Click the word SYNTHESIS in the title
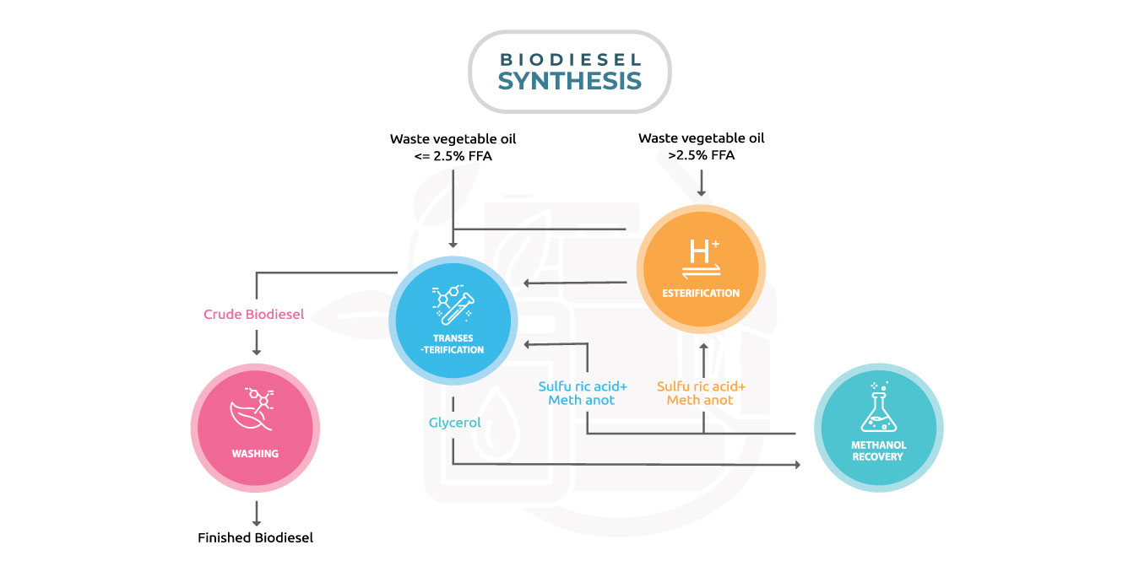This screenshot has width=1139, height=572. tap(569, 81)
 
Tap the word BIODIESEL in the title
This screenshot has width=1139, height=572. tap(569, 60)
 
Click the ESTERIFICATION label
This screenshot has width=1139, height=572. tap(701, 294)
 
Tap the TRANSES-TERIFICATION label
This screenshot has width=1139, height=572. tap(453, 343)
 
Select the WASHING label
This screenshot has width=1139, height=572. tap(255, 453)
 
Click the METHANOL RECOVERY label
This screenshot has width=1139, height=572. tap(878, 451)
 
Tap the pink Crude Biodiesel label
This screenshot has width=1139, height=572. tap(253, 315)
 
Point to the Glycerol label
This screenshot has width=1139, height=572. tap(454, 423)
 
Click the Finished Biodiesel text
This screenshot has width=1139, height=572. tap(255, 537)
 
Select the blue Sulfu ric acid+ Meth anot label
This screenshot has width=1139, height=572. tap(583, 393)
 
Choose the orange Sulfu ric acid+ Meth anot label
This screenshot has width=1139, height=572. tap(701, 393)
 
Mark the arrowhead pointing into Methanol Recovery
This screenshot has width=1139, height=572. tap(795, 464)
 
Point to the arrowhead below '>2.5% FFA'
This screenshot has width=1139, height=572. tap(701, 192)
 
